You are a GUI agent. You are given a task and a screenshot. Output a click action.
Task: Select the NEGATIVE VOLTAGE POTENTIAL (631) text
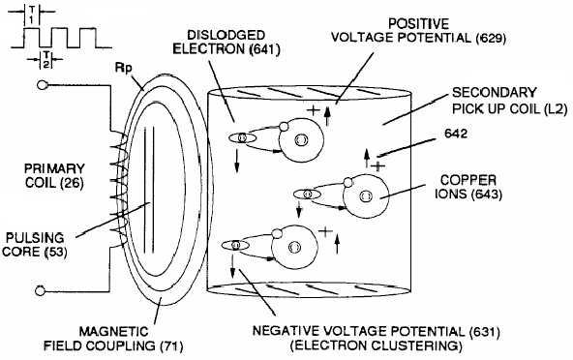pyautogui.click(x=397, y=327)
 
